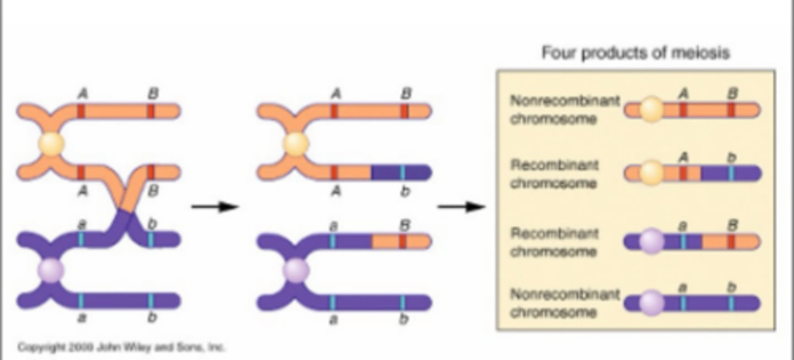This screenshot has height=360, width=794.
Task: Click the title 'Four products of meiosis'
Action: click(635, 53)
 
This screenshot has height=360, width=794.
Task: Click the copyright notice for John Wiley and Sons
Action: click(121, 347)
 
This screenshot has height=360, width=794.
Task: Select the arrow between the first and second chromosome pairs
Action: click(215, 207)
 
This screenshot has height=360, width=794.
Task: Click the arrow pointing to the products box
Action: click(461, 207)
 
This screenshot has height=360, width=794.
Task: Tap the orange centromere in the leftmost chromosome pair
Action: click(51, 144)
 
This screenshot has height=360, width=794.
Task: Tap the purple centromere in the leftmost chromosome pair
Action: click(51, 271)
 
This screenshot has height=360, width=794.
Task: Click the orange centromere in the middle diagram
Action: click(296, 144)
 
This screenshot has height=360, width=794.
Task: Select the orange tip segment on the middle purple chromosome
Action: click(400, 241)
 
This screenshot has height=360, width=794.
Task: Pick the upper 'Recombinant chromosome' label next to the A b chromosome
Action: click(554, 174)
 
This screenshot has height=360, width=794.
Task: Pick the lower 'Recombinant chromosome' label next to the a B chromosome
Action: click(554, 242)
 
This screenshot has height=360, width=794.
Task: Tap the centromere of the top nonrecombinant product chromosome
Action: click(652, 110)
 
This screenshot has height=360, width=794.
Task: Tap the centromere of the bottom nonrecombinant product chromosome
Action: click(652, 303)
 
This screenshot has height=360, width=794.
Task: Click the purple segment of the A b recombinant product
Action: click(731, 174)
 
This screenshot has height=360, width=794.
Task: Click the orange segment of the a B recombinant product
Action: click(731, 242)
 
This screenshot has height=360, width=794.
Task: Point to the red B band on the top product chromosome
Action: click(731, 110)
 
